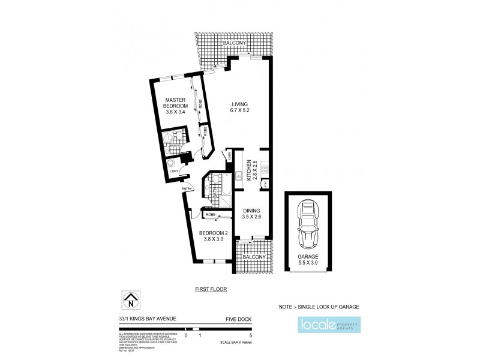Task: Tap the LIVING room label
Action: pyautogui.click(x=239, y=107)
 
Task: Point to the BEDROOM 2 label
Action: pyautogui.click(x=214, y=236)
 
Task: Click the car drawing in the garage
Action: pyautogui.click(x=308, y=224)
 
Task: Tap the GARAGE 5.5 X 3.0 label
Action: pyautogui.click(x=308, y=259)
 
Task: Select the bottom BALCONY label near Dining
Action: pyautogui.click(x=254, y=257)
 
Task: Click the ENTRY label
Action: pyautogui.click(x=188, y=191)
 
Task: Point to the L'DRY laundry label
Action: pyautogui.click(x=173, y=172)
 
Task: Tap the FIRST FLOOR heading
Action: pyautogui.click(x=211, y=289)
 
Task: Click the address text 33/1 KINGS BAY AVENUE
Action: pyautogui.click(x=147, y=319)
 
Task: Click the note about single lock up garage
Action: pyautogui.click(x=319, y=307)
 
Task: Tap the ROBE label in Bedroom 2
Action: pyautogui.click(x=211, y=214)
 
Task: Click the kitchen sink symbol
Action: pyautogui.click(x=238, y=176)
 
